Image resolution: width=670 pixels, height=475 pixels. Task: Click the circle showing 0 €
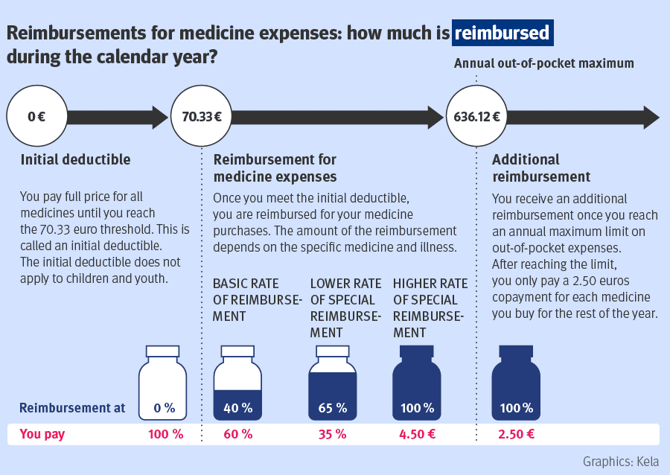coord(36,117)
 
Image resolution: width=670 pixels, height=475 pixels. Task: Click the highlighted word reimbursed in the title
coord(503,34)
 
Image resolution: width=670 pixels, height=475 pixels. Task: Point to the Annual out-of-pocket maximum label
coord(543,64)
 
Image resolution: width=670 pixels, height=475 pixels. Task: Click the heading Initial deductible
coord(75,159)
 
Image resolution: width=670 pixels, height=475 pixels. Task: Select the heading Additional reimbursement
coord(541,168)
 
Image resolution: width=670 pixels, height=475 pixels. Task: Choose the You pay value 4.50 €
coord(418,434)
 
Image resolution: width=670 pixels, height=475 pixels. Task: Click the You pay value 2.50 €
coord(516,434)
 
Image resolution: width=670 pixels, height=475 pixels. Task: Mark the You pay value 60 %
coord(237,434)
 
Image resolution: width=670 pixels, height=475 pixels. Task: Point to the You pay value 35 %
coord(332,434)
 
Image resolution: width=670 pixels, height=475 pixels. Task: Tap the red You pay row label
coord(42,434)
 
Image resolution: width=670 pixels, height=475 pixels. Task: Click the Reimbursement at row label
coord(71,408)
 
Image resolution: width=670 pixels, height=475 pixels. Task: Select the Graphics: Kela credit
coord(621,461)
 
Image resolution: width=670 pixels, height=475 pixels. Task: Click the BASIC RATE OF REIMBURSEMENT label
coord(257,299)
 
